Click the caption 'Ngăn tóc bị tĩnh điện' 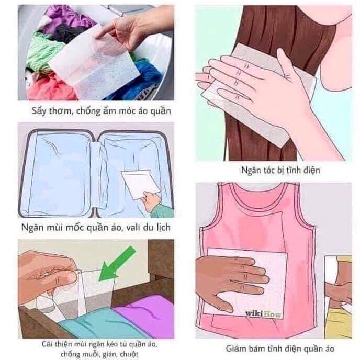tap(273, 170)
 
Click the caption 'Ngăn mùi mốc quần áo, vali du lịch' tap(96, 228)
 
